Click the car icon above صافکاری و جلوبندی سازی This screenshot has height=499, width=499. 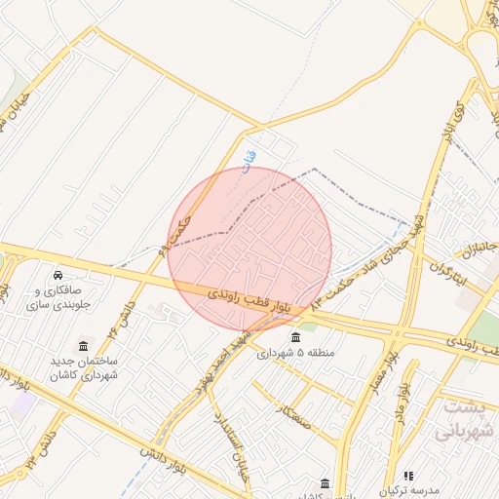point(59,275)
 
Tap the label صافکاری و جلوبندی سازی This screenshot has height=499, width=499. point(60,298)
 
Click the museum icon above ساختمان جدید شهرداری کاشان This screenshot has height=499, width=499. point(83,347)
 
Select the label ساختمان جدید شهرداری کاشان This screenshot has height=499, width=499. point(84,369)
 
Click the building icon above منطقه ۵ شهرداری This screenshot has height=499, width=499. point(295,337)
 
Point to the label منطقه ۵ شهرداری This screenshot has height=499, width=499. point(294,353)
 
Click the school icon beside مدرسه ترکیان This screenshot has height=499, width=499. point(408,475)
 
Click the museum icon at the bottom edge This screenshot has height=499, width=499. point(326,482)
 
